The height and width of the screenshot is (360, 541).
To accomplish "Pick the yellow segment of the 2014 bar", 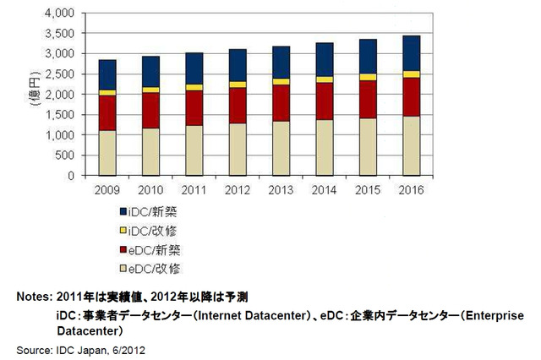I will [x=325, y=79].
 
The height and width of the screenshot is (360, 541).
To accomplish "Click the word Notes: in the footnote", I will [x=33, y=297].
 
